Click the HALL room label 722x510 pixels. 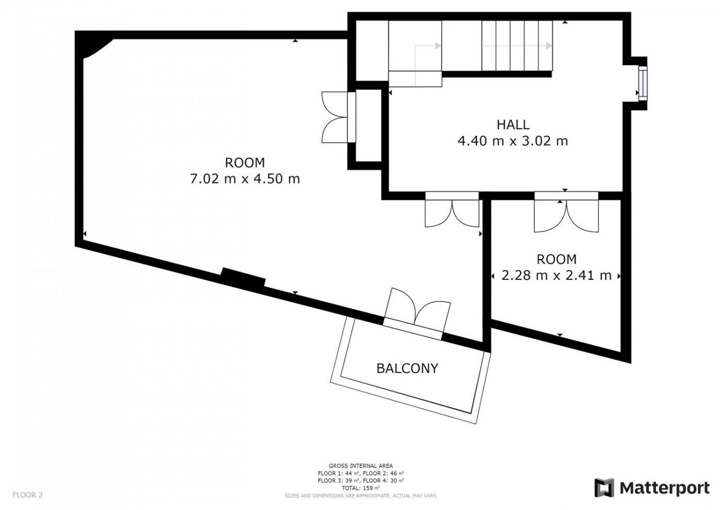513,125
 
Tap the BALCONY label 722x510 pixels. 407,368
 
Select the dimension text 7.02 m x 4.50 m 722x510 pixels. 245,179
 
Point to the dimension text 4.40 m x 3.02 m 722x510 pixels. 513,141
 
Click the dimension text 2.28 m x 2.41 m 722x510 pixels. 556,276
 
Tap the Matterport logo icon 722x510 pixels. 604,488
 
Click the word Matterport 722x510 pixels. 665,488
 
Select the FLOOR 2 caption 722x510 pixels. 27,495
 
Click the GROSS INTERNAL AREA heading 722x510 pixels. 360,466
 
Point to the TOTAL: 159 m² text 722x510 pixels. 360,488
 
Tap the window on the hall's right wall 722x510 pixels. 643,83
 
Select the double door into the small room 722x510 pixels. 566,212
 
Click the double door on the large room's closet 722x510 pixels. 339,117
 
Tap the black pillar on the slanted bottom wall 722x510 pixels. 243,278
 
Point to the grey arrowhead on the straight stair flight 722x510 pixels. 549,46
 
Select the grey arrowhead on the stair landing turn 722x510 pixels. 438,46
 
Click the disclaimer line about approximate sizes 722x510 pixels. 360,496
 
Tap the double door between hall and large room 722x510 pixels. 452,209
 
